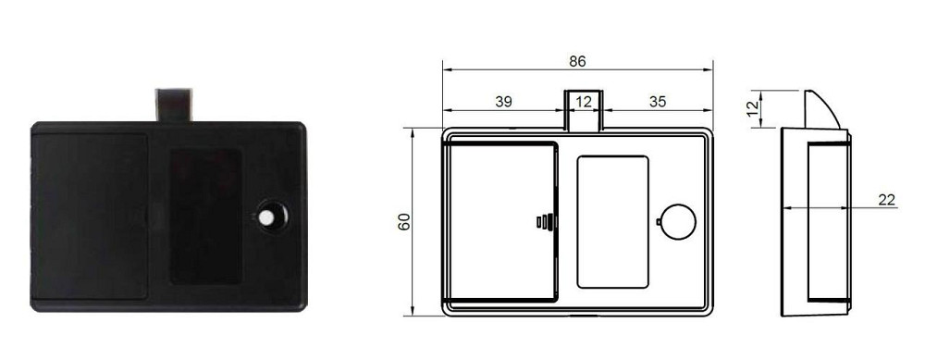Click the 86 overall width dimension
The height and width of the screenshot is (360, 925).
coord(577,62)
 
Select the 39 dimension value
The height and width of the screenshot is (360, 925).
coord(503,102)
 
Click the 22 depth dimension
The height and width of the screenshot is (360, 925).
coord(886,199)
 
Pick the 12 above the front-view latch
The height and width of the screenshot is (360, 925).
coord(582,102)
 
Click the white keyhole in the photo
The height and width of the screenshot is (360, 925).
coord(267,217)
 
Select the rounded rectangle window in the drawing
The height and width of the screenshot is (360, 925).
coord(612,221)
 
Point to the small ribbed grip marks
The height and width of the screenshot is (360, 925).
coord(545,221)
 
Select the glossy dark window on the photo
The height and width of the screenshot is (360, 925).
coord(205,217)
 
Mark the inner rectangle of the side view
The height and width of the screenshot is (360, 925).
coord(829,222)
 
